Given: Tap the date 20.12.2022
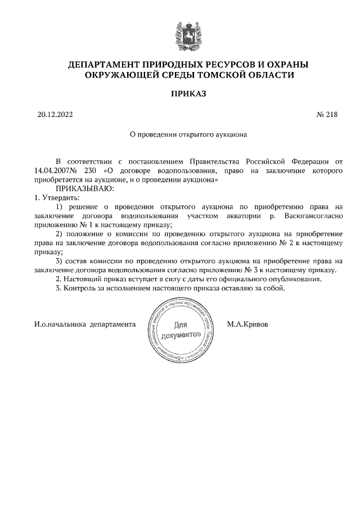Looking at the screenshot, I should (x=55, y=115).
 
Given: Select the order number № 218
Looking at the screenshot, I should (x=327, y=115).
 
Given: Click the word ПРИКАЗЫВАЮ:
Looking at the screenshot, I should (x=84, y=188).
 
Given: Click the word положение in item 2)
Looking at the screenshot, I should (x=90, y=233).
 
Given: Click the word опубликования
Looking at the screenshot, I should (x=297, y=279).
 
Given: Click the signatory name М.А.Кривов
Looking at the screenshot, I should (x=247, y=325).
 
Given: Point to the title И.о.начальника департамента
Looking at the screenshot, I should (x=85, y=325).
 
